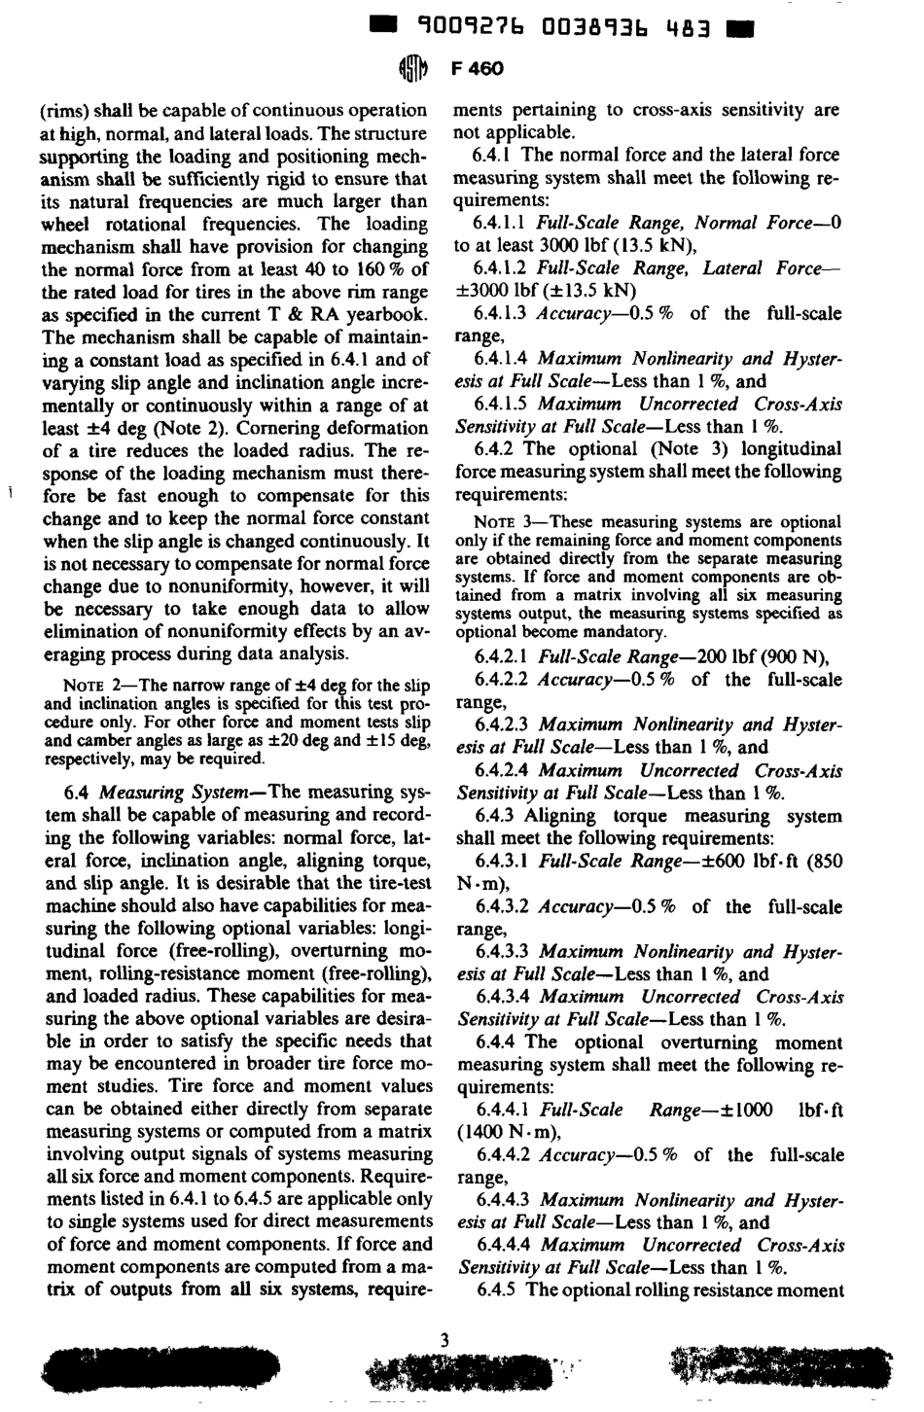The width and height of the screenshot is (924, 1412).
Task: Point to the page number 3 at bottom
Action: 444,1340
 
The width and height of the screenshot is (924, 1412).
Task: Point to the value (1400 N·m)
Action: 509,1133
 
